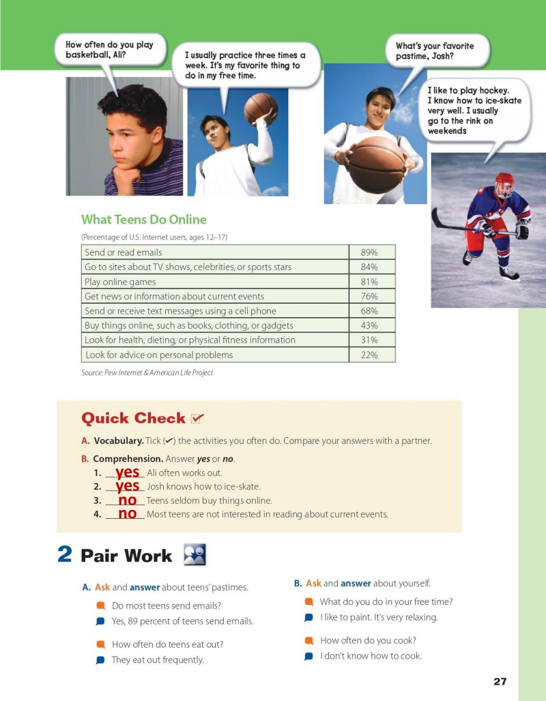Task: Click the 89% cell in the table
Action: coord(369,252)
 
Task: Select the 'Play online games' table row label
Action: coord(120,282)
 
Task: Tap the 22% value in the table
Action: coord(369,355)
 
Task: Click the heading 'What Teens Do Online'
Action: coord(144,220)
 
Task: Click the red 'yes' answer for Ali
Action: coord(128,472)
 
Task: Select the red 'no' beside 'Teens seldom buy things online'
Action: coord(128,501)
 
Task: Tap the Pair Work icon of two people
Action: coord(195,554)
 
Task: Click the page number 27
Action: coord(500,681)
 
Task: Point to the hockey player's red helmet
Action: coord(504,181)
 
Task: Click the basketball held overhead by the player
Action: coord(261,108)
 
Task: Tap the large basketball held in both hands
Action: coord(376,164)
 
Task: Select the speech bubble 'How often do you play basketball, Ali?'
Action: coord(110,50)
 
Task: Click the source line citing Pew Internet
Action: coord(147,372)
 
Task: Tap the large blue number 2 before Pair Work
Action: coord(65,554)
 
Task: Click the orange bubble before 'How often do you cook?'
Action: coord(308,640)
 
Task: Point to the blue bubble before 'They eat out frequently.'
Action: coord(100,660)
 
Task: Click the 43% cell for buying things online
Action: coord(369,325)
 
